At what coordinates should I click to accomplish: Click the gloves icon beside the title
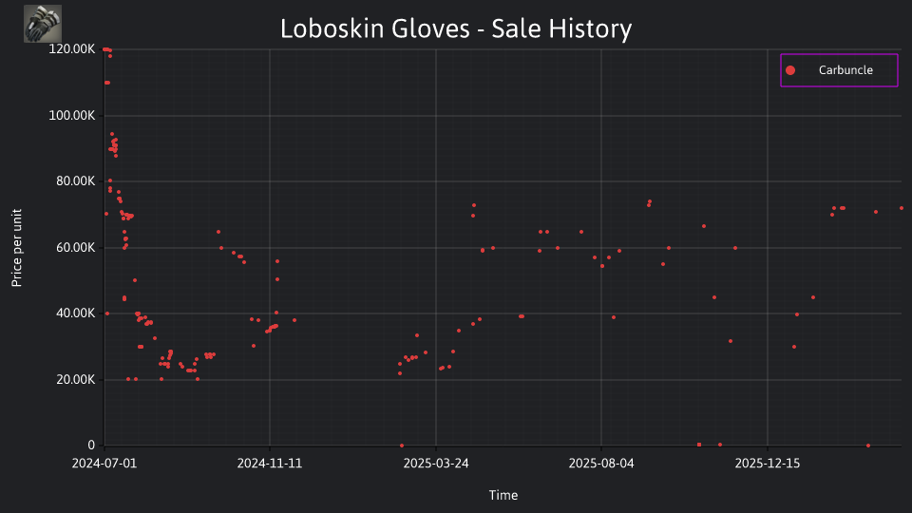(x=43, y=24)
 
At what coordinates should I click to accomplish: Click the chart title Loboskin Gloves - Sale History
(x=456, y=28)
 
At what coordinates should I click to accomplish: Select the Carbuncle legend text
(x=845, y=69)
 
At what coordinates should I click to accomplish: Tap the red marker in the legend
(x=789, y=70)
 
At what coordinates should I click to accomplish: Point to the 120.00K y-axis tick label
(x=71, y=48)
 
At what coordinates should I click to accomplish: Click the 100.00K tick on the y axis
(x=71, y=115)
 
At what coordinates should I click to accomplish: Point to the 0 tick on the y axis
(x=91, y=445)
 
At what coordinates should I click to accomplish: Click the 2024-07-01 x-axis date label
(x=104, y=464)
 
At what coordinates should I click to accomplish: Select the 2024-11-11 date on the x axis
(x=269, y=464)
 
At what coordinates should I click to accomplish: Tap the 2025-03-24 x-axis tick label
(x=436, y=464)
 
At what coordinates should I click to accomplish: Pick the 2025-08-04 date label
(x=601, y=464)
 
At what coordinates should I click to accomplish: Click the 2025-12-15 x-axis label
(x=768, y=464)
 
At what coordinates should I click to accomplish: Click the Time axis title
(x=503, y=495)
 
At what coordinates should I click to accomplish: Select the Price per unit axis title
(x=17, y=248)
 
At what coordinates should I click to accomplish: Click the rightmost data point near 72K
(x=902, y=208)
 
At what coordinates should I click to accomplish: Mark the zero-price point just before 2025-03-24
(x=402, y=446)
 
